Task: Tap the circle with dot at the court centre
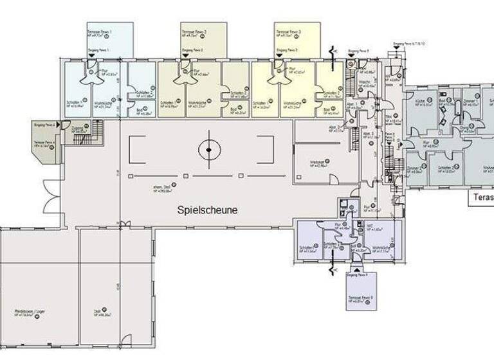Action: coord(208,150)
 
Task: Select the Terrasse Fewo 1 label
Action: coord(101,32)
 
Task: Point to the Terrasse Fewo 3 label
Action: coord(289,32)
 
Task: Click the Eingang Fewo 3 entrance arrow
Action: coord(279,55)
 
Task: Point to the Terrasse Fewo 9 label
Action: coord(361,297)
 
